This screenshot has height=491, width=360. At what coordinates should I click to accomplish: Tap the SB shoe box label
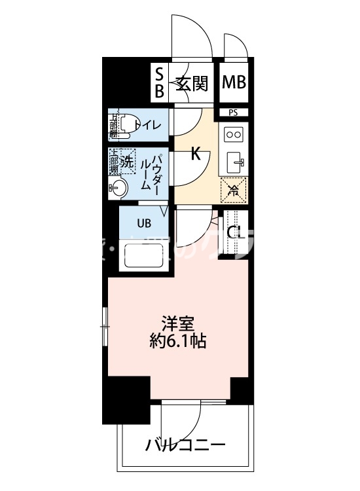point(159,82)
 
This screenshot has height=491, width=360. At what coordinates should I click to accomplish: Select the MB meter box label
point(234,82)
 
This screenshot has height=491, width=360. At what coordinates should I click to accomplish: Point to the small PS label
point(234,113)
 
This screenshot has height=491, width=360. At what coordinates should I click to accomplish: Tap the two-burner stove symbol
point(234,135)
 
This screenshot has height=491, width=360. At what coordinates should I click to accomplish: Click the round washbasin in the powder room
point(118,189)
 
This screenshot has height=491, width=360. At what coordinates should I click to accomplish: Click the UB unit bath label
point(143,223)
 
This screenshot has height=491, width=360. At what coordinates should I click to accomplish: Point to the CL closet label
point(236,232)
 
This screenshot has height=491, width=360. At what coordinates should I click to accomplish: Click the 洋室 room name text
point(177,323)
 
